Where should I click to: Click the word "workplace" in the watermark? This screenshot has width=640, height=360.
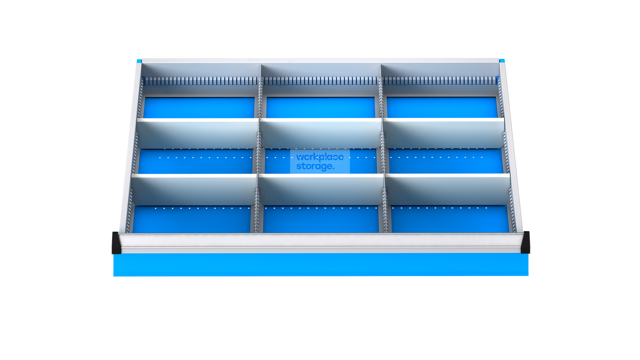pos(320,157)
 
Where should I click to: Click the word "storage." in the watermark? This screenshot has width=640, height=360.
pos(315,166)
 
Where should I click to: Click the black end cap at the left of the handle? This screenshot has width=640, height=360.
pos(116,243)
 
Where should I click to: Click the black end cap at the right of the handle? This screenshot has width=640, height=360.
pos(525,242)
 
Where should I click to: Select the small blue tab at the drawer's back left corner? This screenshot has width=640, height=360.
pos(139,61)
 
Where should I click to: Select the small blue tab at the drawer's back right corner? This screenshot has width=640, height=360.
pos(502,61)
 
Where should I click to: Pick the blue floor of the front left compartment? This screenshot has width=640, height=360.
pos(192,219)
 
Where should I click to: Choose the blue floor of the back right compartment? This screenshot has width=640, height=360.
pos(442,108)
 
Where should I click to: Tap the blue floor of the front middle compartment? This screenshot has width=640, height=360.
pos(321,219)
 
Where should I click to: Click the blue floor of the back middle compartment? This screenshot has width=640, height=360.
pos(320,108)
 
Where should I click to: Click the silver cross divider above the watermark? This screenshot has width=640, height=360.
pos(321,133)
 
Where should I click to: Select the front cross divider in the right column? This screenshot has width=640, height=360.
pos(448,189)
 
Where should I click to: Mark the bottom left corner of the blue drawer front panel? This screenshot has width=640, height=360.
pos(114,276)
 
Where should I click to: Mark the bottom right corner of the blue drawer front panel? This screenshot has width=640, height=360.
pos(528,276)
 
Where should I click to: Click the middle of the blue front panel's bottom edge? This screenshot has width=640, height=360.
pos(321,276)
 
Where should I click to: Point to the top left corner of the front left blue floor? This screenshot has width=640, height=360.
pos(134,206)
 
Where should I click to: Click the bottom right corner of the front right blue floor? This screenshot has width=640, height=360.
pos(509,232)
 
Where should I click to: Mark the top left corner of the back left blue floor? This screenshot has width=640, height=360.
pos(145,97)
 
